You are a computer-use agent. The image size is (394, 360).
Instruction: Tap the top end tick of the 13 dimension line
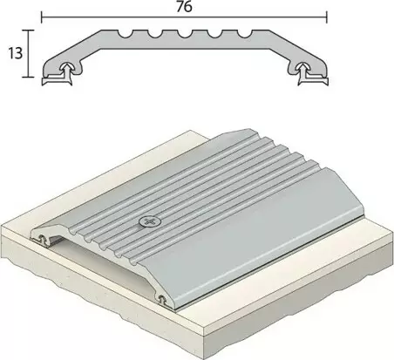coord(28,30)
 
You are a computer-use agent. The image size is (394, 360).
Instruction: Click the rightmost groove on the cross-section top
coord(236,34)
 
